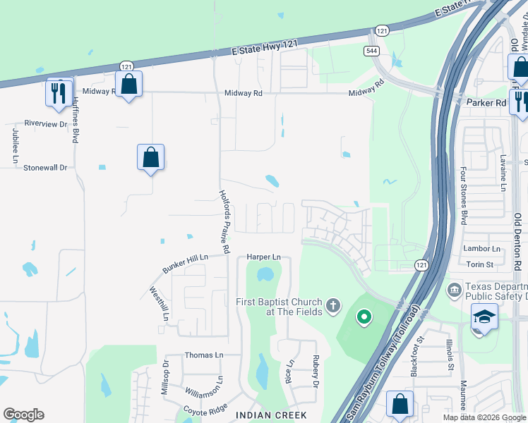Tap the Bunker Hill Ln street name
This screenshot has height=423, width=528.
[x=186, y=264]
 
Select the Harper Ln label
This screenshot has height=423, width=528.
[x=263, y=257]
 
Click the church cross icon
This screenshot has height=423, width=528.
[x=332, y=307]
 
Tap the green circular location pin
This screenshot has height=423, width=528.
[x=364, y=318]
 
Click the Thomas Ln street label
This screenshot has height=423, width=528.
[x=203, y=355]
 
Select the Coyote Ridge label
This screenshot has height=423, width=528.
[x=205, y=409]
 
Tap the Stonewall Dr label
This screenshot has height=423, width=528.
[x=44, y=168]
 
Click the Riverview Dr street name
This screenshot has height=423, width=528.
[x=45, y=123]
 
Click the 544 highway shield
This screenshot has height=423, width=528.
[x=371, y=51]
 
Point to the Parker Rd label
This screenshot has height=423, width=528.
[x=487, y=102]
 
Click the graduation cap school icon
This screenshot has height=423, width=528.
[x=484, y=317]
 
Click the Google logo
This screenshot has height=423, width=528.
[x=23, y=415]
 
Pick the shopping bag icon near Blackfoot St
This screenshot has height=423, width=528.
[x=400, y=405]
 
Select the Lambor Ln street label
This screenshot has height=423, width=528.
[x=481, y=249]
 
